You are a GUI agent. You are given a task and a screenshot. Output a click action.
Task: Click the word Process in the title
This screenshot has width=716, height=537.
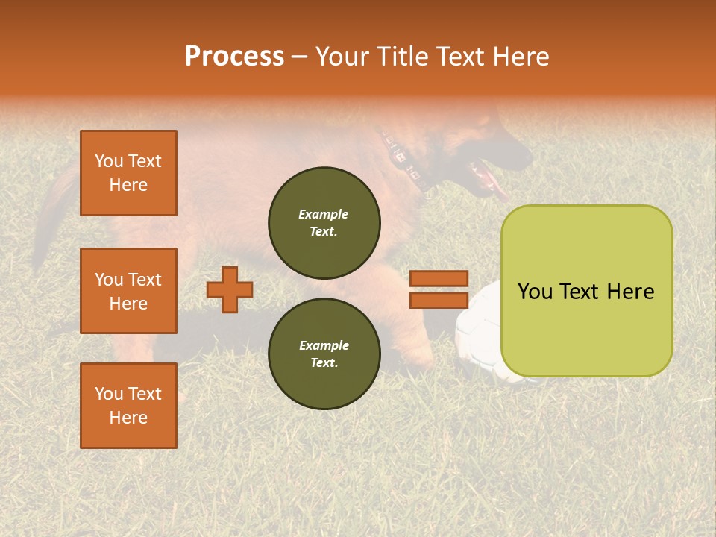(234, 57)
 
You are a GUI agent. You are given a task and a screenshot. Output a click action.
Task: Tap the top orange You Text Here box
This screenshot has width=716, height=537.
(128, 173)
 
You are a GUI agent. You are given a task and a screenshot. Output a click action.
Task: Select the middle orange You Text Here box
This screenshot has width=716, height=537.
(128, 291)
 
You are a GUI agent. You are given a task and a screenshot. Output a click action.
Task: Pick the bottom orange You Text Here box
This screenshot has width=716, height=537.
(128, 406)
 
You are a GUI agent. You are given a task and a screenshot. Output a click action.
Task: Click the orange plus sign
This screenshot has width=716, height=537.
(230, 289)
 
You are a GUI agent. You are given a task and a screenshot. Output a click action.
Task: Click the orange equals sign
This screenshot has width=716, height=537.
(439, 289)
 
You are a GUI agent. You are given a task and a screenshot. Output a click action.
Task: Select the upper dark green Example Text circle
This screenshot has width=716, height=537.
(324, 222)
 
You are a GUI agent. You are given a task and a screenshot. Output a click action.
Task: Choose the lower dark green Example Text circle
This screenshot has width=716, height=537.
(324, 354)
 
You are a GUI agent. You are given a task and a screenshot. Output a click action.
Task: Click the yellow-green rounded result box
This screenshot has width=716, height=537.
(586, 291)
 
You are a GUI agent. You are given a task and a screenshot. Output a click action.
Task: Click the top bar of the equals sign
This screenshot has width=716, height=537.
(439, 279)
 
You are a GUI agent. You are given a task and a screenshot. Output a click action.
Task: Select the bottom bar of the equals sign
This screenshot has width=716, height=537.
(439, 300)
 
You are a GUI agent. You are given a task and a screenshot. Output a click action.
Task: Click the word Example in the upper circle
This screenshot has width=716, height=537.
(324, 214)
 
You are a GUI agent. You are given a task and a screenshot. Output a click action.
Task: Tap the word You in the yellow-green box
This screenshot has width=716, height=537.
(534, 292)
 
